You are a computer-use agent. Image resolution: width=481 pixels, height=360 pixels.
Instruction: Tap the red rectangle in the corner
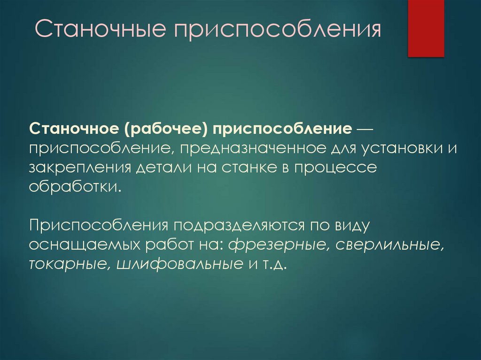(x=426, y=28)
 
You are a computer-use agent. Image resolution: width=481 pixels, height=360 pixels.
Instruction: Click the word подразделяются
(x=239, y=226)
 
